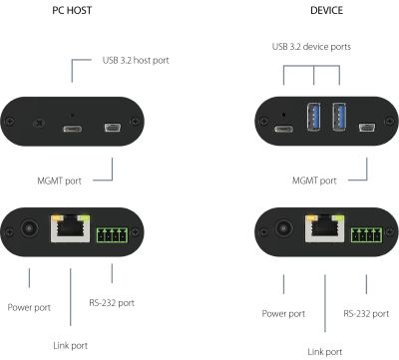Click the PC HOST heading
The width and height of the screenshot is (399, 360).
(x=72, y=11)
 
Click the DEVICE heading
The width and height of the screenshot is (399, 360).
(x=326, y=11)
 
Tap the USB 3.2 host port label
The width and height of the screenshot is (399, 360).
(x=136, y=60)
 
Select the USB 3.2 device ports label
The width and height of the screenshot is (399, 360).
(x=311, y=47)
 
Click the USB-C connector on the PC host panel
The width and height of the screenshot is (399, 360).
(x=73, y=129)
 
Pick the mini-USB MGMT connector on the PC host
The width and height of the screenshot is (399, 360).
(x=113, y=128)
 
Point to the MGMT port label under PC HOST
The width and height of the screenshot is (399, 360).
(x=59, y=180)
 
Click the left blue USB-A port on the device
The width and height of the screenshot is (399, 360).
(x=314, y=117)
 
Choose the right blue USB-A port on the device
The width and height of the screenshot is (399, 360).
(x=339, y=117)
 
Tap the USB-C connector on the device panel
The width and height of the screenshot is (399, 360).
(x=283, y=129)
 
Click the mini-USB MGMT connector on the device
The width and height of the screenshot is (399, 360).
(x=367, y=128)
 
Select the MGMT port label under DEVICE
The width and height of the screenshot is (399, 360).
(x=314, y=180)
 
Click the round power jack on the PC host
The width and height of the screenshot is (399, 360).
(x=29, y=228)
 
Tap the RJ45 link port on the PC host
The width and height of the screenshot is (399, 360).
(x=71, y=228)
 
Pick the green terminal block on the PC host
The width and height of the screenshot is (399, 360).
(x=113, y=234)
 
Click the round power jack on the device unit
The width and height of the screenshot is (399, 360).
(x=283, y=228)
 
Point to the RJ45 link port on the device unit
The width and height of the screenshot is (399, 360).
(x=325, y=228)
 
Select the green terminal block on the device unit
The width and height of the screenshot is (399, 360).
(x=367, y=234)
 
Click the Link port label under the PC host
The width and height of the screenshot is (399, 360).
(x=71, y=346)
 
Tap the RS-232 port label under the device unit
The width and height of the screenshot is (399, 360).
(x=366, y=314)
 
